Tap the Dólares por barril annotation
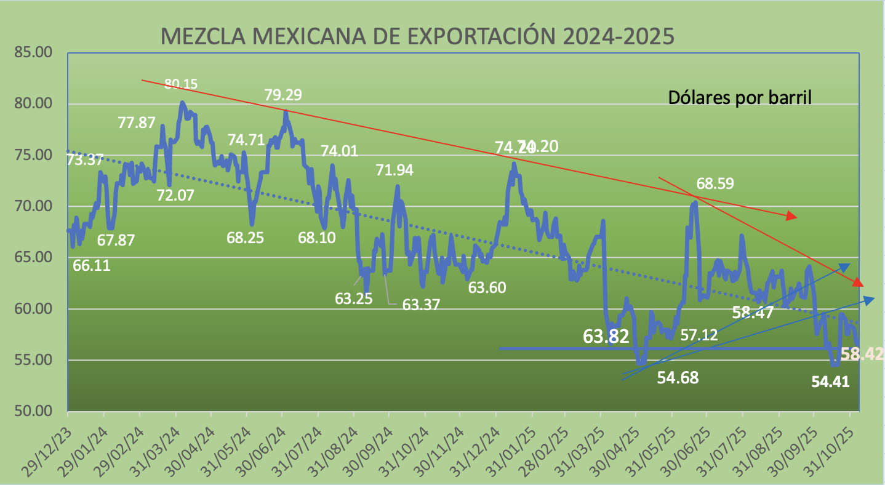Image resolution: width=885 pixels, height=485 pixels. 740,97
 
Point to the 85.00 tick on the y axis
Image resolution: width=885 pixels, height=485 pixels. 33,52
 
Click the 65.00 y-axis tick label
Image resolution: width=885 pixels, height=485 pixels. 33,257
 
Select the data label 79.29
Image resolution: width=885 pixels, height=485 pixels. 284,95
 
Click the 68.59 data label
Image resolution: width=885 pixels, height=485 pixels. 716,183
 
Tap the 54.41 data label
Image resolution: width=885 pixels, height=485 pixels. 830,382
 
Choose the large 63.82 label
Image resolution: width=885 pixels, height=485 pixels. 606,336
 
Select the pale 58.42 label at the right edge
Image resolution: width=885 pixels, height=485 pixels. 862,354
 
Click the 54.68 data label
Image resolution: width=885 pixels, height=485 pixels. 678,378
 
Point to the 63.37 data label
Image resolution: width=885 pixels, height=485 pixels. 421,304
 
